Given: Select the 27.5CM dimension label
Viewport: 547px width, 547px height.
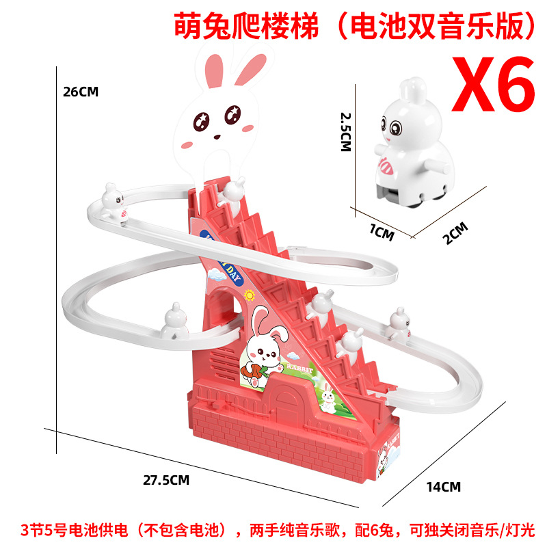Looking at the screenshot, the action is [165, 479].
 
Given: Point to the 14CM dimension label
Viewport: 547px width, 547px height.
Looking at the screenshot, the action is [444, 487].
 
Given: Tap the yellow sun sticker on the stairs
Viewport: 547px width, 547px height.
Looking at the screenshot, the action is [248, 295].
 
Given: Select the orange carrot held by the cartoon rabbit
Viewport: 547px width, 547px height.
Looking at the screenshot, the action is [254, 370].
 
